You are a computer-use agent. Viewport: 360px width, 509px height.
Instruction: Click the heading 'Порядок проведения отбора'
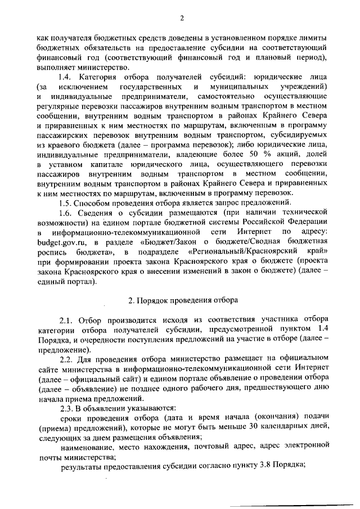pos(186,299)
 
